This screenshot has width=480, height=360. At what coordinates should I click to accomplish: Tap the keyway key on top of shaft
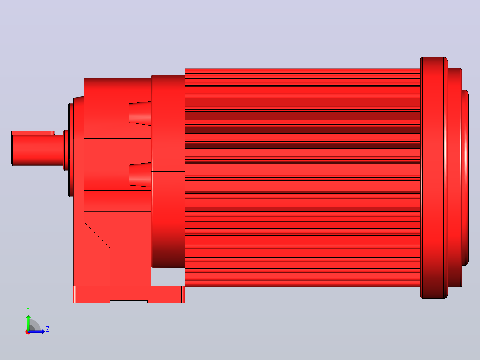click(x=33, y=133)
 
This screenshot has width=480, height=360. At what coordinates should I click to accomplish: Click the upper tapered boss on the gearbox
click(x=140, y=113)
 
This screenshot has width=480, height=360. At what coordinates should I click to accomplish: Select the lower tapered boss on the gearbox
click(x=140, y=174)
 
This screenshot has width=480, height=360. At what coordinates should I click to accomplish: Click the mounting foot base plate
click(x=129, y=294)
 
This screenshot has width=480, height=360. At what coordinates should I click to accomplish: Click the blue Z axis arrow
click(x=37, y=332)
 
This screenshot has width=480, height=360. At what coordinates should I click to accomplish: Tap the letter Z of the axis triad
click(x=48, y=329)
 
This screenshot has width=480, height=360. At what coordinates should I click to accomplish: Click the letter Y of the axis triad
click(x=28, y=310)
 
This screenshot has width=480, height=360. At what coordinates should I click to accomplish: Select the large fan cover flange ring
click(x=434, y=178)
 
